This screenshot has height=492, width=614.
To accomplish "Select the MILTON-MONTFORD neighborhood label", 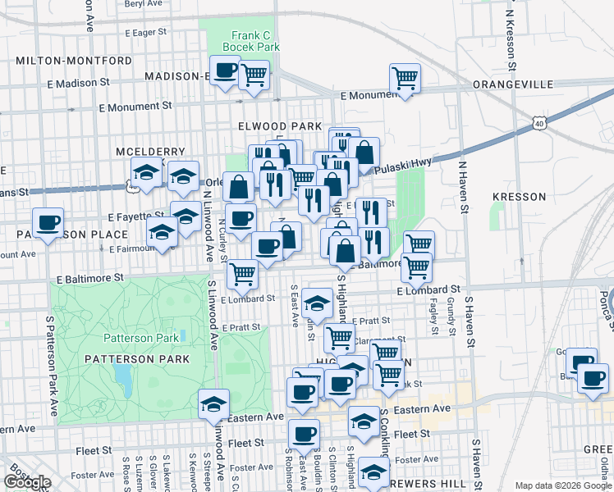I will (73, 61).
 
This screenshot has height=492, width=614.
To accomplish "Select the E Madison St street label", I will (79, 83).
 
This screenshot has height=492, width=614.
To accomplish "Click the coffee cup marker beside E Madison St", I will (225, 71).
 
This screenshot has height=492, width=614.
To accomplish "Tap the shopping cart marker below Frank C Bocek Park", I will (254, 75).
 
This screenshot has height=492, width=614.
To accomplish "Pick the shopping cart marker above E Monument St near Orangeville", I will (405, 80).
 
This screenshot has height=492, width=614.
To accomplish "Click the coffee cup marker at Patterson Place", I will (48, 223).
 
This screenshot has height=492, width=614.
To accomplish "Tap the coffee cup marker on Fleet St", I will (304, 435).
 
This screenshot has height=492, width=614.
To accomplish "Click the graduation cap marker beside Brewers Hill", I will (373, 472).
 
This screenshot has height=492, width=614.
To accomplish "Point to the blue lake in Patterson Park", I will (125, 378).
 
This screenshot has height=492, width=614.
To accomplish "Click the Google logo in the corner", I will (27, 482).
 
